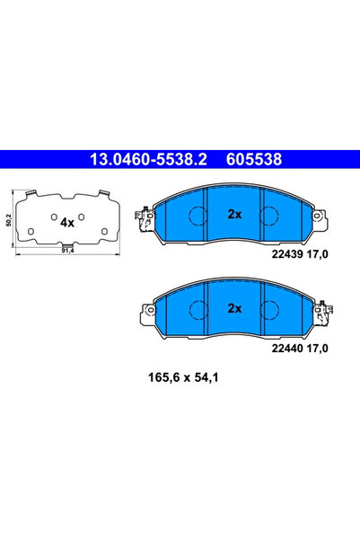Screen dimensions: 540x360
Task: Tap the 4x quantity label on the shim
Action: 66,221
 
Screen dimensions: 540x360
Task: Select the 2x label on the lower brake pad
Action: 235,307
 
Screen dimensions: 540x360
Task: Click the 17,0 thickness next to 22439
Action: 319,255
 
